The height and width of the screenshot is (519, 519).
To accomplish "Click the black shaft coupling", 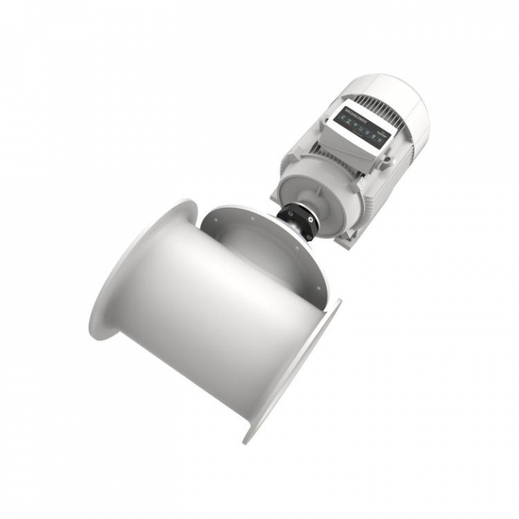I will click(x=298, y=221).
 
